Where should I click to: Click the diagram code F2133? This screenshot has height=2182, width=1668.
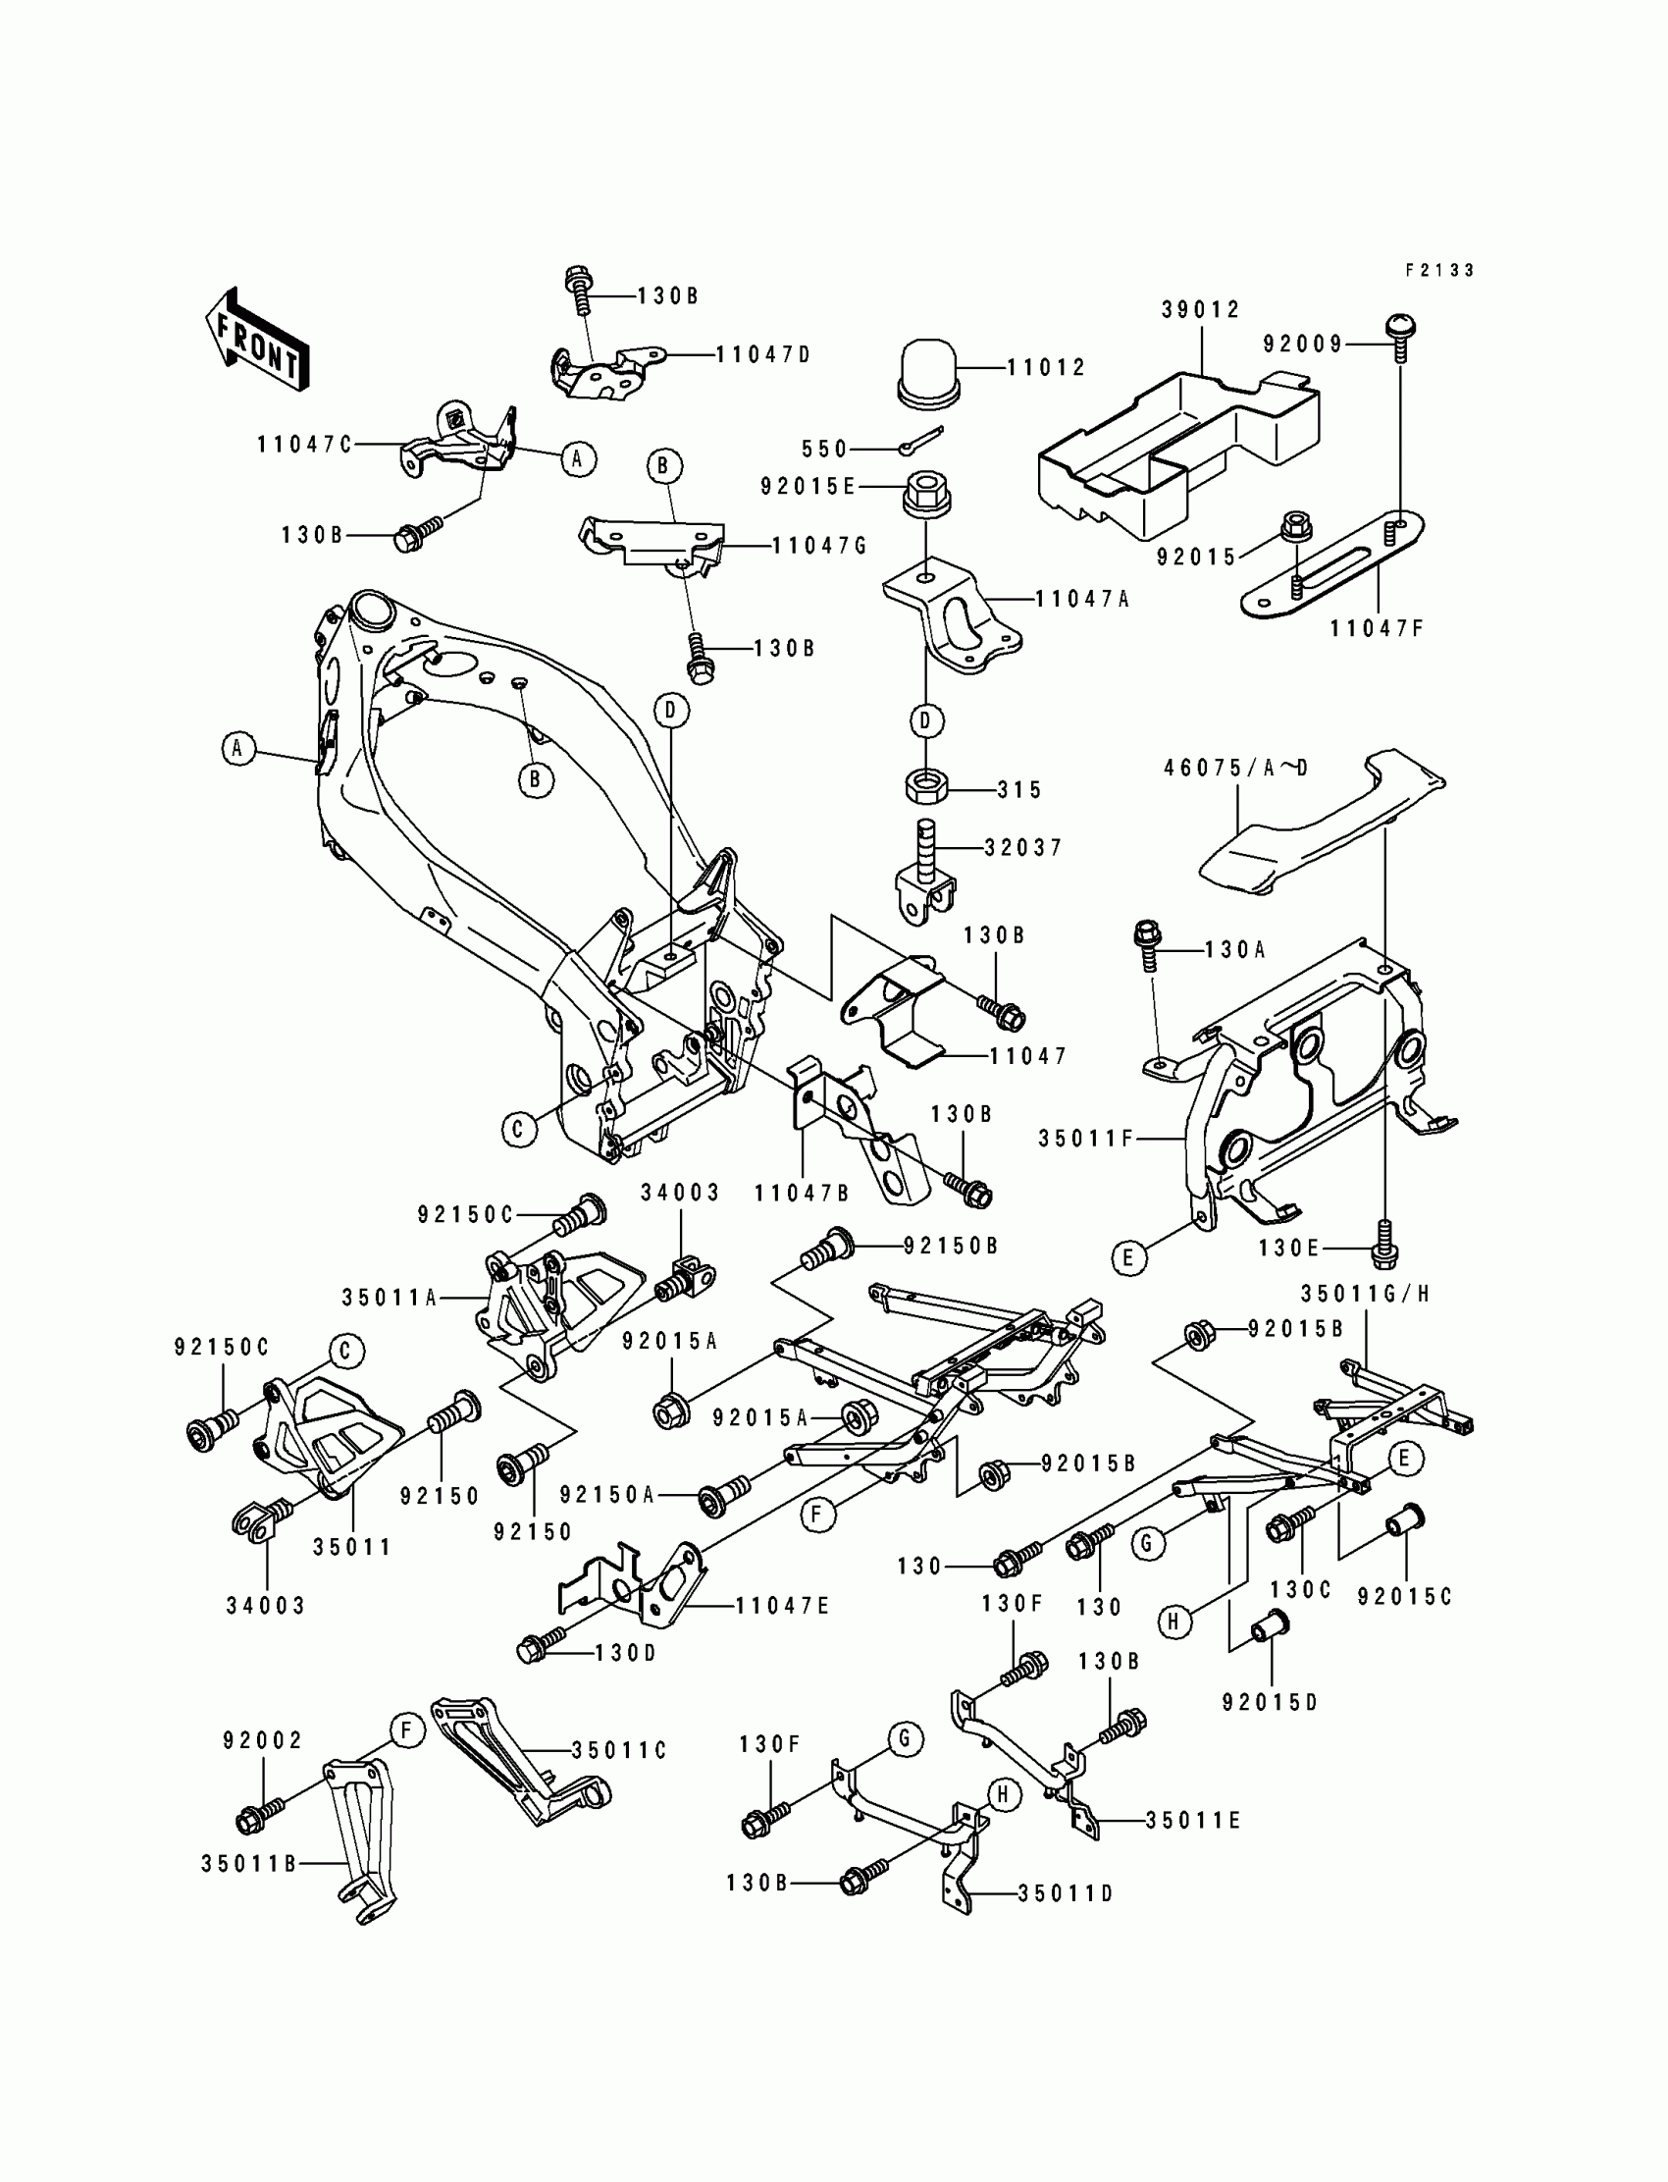tap(1439, 270)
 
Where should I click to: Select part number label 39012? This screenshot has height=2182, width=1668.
tap(1201, 310)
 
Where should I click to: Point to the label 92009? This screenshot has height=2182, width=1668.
tap(1303, 344)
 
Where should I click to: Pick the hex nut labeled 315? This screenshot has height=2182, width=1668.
tap(926, 787)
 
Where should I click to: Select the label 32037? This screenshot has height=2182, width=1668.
tap(1023, 847)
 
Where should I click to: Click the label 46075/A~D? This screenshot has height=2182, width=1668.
tap(1236, 768)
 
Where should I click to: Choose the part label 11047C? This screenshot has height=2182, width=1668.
tap(305, 444)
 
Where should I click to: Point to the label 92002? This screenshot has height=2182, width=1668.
tap(263, 1739)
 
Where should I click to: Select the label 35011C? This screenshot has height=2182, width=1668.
tap(618, 1750)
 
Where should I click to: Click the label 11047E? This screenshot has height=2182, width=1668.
tap(782, 1606)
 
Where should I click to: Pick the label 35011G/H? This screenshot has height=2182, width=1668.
tap(1365, 1293)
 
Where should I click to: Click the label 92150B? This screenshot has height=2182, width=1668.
tap(950, 1246)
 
